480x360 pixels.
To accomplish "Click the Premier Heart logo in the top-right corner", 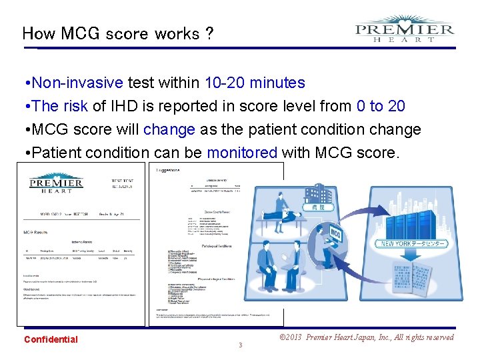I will click(405, 30).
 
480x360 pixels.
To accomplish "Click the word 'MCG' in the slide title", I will click(79, 33).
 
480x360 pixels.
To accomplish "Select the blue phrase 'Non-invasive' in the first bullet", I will click(77, 83).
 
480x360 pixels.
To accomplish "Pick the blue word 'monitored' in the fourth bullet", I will click(242, 153).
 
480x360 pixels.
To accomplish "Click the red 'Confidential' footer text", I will click(51, 339).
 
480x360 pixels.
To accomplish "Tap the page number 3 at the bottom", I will click(240, 345).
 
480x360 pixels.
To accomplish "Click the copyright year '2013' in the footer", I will click(292, 337).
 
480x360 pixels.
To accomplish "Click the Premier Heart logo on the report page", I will click(55, 184).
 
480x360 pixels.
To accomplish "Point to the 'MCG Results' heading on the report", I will click(39, 232).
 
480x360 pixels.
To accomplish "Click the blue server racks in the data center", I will click(407, 213).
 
